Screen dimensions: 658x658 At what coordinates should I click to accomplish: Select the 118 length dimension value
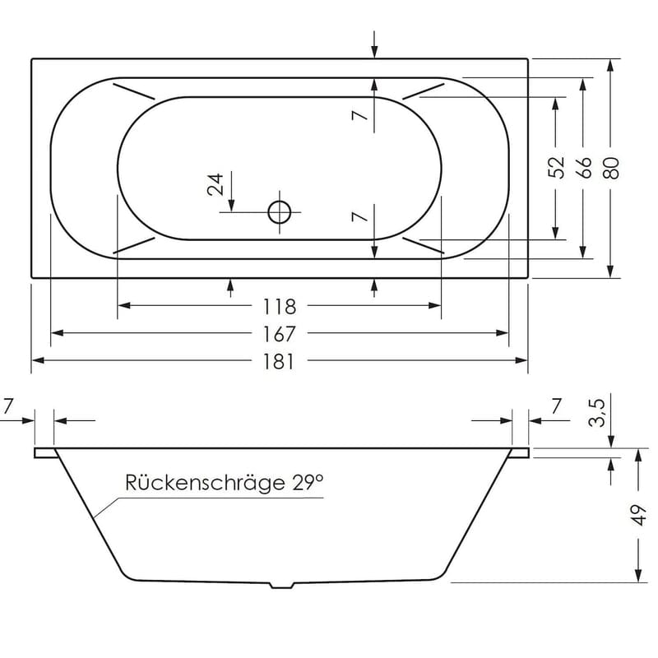click(279, 306)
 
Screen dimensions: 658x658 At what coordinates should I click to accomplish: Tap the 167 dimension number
click(279, 334)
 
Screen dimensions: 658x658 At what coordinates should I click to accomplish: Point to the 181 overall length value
click(279, 361)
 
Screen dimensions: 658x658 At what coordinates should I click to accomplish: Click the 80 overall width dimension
click(609, 168)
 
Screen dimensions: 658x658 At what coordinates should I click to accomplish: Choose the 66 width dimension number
click(583, 168)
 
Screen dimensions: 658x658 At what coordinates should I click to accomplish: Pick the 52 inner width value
click(557, 168)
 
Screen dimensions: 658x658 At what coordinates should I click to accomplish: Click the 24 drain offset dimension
click(216, 184)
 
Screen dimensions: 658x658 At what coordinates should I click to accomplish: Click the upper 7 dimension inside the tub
click(357, 116)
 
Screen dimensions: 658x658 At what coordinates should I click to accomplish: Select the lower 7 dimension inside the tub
click(357, 218)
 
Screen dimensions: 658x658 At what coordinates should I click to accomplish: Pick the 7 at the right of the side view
click(556, 405)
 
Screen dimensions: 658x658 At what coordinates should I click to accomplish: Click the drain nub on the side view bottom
click(282, 586)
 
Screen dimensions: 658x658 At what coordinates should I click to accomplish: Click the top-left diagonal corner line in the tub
click(133, 91)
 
